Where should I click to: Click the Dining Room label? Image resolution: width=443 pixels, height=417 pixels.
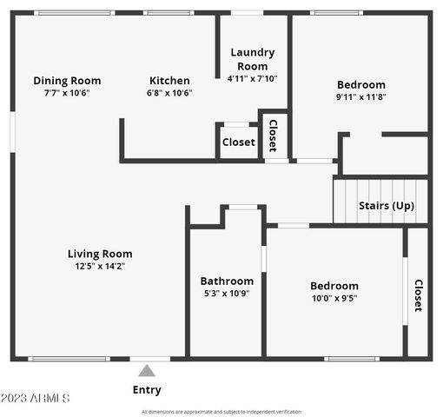(x=67, y=80)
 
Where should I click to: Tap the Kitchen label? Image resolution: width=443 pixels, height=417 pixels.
(x=169, y=80)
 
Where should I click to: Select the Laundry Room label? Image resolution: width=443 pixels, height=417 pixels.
(x=252, y=59)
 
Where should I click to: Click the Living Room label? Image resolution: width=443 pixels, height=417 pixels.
(x=100, y=254)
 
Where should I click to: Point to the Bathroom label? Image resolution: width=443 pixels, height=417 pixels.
(x=227, y=281)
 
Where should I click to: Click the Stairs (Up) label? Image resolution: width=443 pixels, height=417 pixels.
(x=387, y=206)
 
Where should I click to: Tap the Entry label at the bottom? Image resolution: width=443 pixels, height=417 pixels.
(x=147, y=390)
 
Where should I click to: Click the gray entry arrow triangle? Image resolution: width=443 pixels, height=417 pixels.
(x=147, y=370)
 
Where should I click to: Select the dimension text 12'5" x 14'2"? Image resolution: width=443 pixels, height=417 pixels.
(x=100, y=267)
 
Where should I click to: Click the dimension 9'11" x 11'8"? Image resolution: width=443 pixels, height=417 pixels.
(x=360, y=97)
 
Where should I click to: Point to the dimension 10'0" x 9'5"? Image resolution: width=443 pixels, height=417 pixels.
(x=334, y=298)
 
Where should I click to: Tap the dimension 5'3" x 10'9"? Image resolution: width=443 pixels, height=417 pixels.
(x=227, y=294)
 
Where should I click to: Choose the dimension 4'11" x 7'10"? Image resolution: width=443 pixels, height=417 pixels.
(x=252, y=78)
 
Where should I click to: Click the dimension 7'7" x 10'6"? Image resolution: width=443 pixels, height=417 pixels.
(x=67, y=93)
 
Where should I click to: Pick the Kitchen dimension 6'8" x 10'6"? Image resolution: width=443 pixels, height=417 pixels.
(x=169, y=93)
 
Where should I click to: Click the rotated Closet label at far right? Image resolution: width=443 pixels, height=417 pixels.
(x=418, y=295)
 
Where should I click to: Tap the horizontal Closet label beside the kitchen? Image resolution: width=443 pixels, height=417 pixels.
(x=238, y=142)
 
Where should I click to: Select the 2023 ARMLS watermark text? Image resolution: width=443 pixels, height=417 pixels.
(x=36, y=398)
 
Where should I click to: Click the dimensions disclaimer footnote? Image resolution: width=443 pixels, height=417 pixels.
(x=221, y=412)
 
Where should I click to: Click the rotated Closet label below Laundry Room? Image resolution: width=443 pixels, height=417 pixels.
(x=273, y=136)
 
